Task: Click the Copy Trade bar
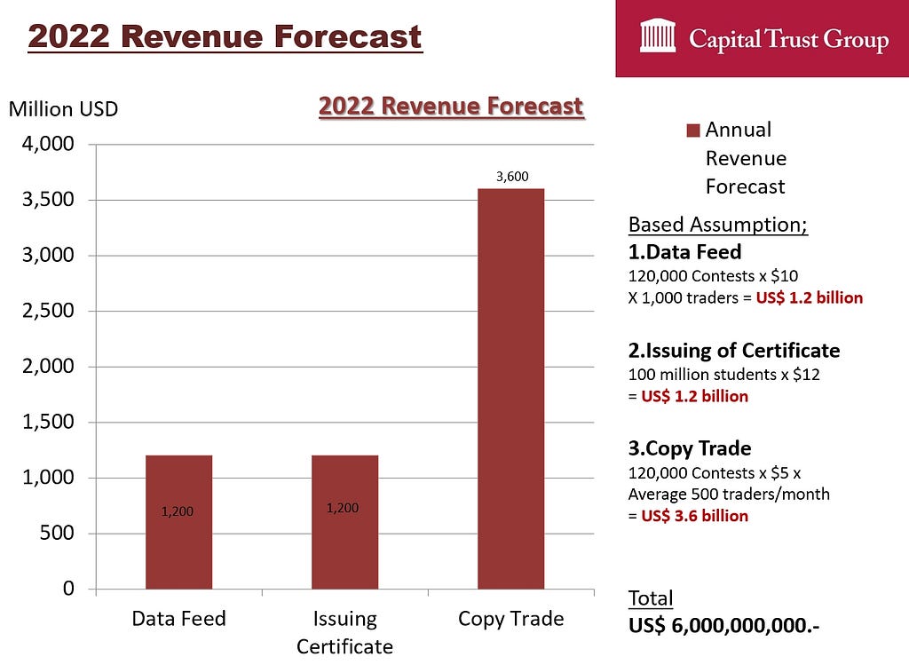510,389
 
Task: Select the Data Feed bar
178,522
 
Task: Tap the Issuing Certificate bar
345,522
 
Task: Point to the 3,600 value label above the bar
512,177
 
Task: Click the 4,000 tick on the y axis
48,144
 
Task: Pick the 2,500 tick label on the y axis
48,311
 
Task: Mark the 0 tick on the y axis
68,589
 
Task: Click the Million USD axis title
63,109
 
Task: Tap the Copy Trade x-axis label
510,619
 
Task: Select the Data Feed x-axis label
178,619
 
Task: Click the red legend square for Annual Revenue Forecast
692,130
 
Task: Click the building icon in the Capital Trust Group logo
658,36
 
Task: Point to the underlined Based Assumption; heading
717,225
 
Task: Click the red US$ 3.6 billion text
694,516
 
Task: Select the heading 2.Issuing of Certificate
734,350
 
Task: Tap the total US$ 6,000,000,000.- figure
724,626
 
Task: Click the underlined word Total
651,598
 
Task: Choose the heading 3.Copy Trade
690,448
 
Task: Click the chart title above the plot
451,107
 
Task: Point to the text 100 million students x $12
724,374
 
